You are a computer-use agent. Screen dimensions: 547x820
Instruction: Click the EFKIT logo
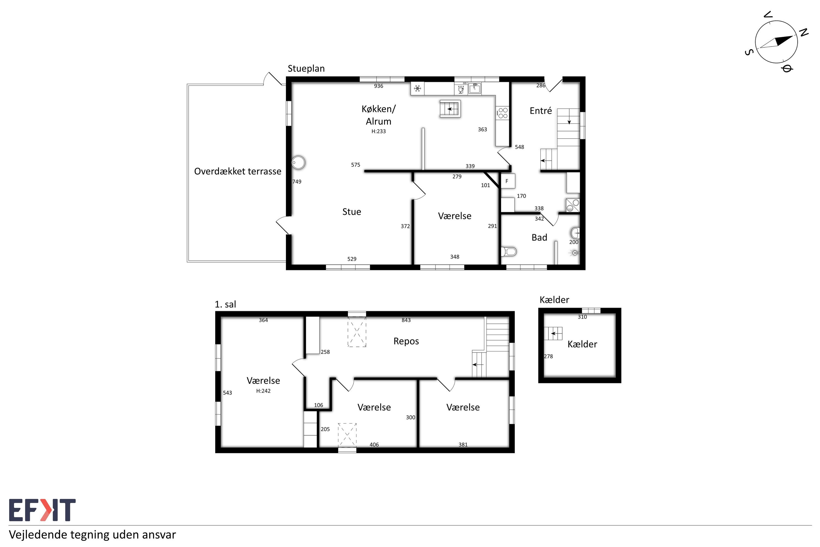(x=42, y=510)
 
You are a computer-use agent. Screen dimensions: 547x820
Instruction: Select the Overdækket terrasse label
(x=238, y=171)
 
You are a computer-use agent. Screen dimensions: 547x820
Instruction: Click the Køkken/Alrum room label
(x=378, y=115)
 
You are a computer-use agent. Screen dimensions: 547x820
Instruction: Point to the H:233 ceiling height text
(x=378, y=132)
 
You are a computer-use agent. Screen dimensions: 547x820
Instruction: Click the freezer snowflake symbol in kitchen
(x=417, y=89)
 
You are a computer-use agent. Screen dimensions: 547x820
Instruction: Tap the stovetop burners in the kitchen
(x=502, y=113)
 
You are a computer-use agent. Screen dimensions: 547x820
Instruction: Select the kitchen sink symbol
(x=475, y=88)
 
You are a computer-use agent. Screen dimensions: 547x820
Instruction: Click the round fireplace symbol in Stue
(x=298, y=162)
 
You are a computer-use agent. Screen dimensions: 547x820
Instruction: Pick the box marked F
(x=507, y=181)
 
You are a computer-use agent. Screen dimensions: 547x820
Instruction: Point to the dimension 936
(x=378, y=86)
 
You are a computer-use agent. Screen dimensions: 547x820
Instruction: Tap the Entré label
(x=540, y=111)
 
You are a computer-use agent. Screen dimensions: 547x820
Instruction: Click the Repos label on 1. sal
(x=406, y=341)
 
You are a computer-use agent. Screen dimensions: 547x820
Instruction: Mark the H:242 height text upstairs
(x=263, y=391)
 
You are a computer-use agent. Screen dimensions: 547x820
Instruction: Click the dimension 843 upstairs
(x=406, y=320)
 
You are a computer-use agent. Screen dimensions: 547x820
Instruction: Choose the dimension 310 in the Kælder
(x=582, y=317)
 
